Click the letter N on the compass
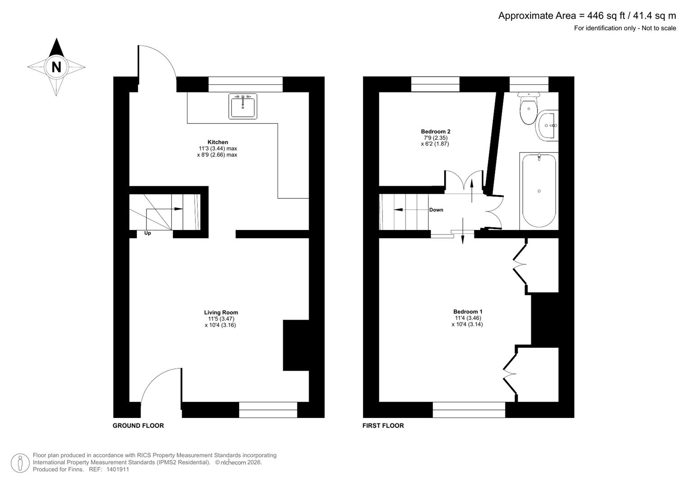(x=56, y=67)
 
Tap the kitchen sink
(x=243, y=106)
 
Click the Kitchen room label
(x=218, y=142)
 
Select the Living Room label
(x=221, y=312)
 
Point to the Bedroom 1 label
(x=468, y=312)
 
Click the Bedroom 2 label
(x=435, y=132)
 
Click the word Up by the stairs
(x=147, y=233)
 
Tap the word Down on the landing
(x=436, y=210)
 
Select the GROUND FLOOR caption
(x=138, y=426)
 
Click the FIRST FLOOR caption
(x=383, y=426)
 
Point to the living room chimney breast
(x=296, y=345)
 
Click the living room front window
(x=268, y=410)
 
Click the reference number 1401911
(x=118, y=469)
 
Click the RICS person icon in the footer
(x=20, y=463)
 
